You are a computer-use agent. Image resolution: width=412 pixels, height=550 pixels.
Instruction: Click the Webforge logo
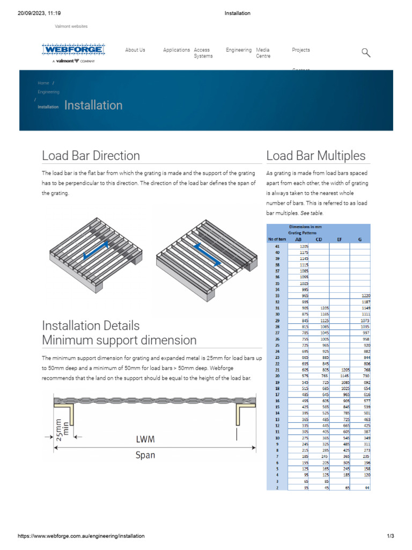[x=73, y=50]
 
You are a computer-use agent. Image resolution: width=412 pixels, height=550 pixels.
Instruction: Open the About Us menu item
[x=135, y=50]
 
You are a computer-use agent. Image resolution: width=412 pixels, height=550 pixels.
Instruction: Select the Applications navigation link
[x=176, y=50]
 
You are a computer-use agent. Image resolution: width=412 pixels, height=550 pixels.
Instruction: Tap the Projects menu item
[x=300, y=50]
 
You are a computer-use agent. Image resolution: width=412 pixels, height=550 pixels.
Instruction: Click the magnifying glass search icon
[x=366, y=52]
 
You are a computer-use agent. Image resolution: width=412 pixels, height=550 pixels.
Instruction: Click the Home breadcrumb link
[x=43, y=83]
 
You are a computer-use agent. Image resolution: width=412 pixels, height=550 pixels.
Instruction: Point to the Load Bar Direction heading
[x=91, y=156]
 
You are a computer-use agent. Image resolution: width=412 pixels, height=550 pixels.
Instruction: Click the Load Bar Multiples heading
[x=316, y=156]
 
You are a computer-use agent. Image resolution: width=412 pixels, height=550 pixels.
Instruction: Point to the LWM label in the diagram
[x=145, y=439]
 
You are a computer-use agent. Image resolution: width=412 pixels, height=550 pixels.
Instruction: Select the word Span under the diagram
[x=145, y=455]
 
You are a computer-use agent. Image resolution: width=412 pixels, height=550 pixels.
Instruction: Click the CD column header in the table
[x=319, y=240]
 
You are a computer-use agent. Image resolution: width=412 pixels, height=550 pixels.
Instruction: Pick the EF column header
[x=339, y=240]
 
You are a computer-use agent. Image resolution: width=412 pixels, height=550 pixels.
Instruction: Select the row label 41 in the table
[x=277, y=245]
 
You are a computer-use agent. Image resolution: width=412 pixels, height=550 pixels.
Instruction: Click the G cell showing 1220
[x=364, y=296]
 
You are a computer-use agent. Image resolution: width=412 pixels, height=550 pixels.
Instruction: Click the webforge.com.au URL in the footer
[x=81, y=536]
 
